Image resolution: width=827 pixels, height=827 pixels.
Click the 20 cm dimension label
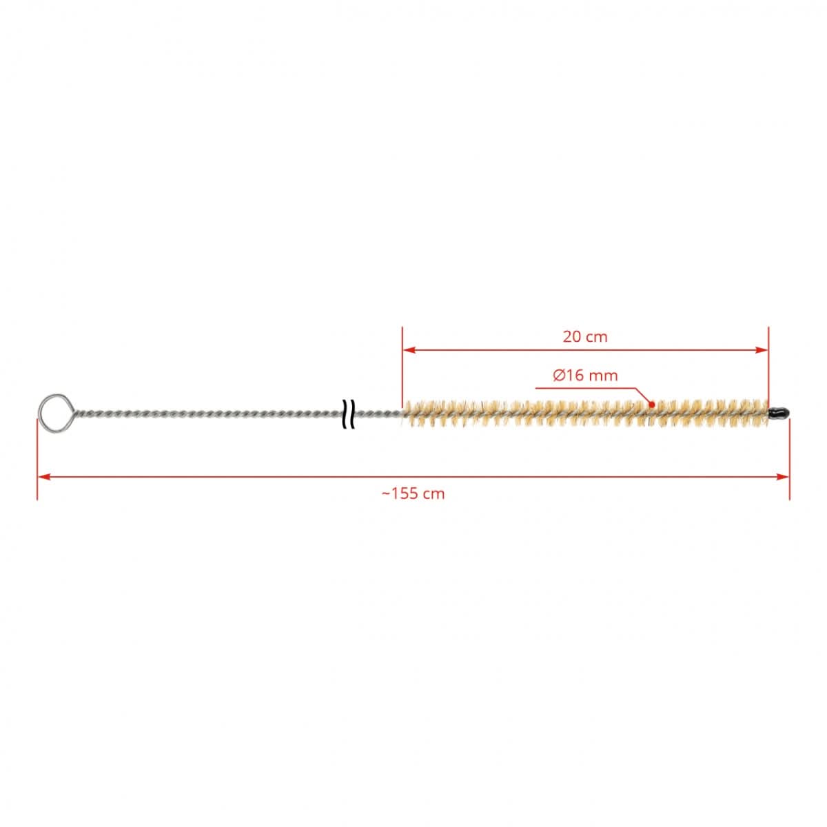tap(585, 336)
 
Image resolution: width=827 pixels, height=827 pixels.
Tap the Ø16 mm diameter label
tap(585, 376)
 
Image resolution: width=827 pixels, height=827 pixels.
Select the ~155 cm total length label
tap(413, 493)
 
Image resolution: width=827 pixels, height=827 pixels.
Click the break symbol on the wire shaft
tap(349, 413)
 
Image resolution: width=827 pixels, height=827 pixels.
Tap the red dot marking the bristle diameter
tap(652, 405)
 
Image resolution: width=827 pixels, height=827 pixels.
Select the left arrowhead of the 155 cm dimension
tap(43, 476)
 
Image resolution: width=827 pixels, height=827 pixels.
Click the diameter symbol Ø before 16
tap(559, 376)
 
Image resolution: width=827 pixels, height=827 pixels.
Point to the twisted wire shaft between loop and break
tap(207, 415)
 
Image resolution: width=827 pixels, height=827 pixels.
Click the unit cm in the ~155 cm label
tap(434, 493)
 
